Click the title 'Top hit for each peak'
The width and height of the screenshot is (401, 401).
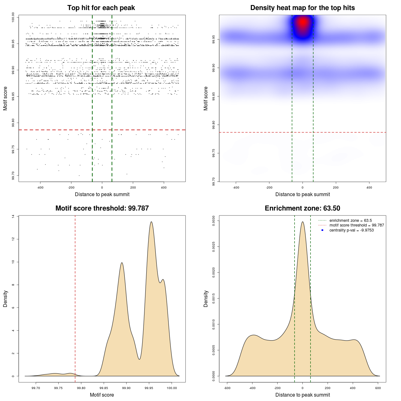point(101,8)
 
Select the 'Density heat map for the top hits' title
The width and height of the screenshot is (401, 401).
point(302,8)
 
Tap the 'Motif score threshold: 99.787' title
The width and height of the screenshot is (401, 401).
point(102,208)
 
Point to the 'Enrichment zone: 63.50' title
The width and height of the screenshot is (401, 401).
point(302,208)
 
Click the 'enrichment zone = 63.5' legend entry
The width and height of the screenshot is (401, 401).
point(351,221)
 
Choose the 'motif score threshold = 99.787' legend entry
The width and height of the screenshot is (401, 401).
point(357,225)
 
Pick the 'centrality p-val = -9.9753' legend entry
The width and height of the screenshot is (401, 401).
point(352,230)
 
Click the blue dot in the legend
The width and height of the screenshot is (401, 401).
point(322,230)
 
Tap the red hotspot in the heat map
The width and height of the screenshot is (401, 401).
point(303,22)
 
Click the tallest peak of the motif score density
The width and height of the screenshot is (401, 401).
point(151,222)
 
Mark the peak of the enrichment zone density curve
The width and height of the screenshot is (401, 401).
point(303,222)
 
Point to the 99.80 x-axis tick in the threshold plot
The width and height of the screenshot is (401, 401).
point(81,388)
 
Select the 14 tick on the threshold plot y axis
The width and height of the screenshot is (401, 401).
point(13,216)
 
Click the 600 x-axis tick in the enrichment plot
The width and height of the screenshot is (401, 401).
point(378,388)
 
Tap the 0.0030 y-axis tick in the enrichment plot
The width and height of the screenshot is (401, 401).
point(213,221)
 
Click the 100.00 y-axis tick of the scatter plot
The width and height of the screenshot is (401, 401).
point(13,17)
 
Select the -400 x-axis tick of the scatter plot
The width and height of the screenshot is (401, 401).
point(40,187)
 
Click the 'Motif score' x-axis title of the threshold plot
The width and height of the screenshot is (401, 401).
point(102,395)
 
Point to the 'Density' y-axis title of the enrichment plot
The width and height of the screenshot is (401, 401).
point(206,299)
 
